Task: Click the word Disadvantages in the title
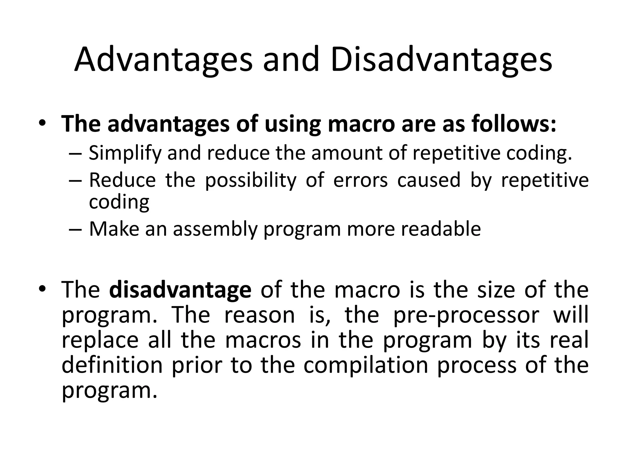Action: tap(441, 60)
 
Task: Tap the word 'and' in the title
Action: tap(291, 60)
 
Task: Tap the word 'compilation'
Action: tap(366, 365)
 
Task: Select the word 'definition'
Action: tap(112, 365)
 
